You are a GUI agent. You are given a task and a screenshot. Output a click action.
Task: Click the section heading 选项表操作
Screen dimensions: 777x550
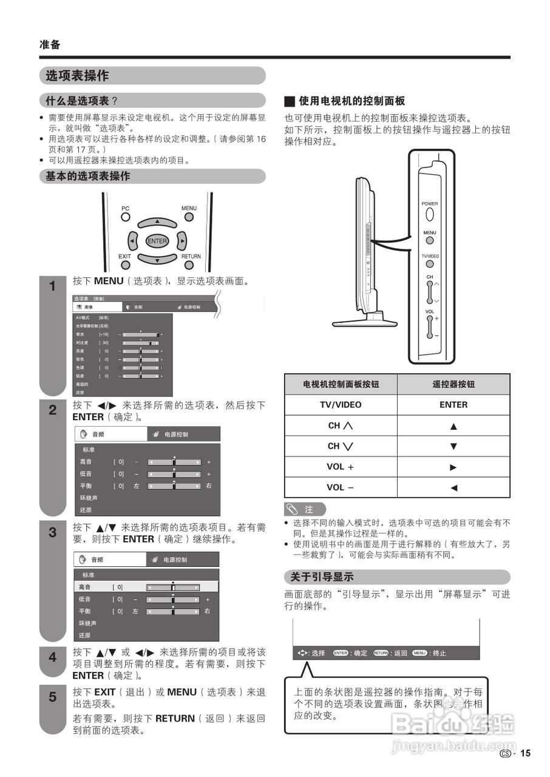77,76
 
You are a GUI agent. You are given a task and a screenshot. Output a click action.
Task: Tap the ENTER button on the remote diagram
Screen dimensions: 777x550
157,241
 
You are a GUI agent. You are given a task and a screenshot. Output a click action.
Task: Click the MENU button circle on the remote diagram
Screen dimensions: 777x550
189,216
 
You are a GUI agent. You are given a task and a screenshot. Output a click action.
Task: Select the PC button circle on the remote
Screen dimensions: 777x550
125,216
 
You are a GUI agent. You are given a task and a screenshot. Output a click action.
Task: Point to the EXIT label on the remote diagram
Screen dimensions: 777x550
124,256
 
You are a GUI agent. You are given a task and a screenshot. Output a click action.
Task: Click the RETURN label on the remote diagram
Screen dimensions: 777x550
191,256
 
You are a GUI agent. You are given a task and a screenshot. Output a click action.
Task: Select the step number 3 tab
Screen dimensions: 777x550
52,533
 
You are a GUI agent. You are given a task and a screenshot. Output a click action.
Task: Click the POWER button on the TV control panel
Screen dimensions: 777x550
430,214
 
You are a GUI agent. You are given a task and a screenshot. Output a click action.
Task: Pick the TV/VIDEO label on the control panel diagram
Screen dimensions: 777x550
430,256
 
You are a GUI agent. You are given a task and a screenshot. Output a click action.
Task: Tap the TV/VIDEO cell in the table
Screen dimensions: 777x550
341,405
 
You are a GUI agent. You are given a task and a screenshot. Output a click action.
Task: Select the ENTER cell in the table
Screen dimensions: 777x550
453,405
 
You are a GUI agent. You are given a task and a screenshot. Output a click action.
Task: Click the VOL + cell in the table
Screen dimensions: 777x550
341,467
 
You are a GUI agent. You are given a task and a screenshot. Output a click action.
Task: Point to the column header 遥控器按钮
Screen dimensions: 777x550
453,384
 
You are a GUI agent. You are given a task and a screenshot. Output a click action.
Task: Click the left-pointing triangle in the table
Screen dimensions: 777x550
453,487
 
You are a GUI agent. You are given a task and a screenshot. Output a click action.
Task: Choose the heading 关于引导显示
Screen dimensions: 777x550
319,577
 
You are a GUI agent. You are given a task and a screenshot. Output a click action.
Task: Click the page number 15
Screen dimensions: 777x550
525,753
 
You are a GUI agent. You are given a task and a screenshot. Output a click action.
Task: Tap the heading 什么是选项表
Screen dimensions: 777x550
78,101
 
